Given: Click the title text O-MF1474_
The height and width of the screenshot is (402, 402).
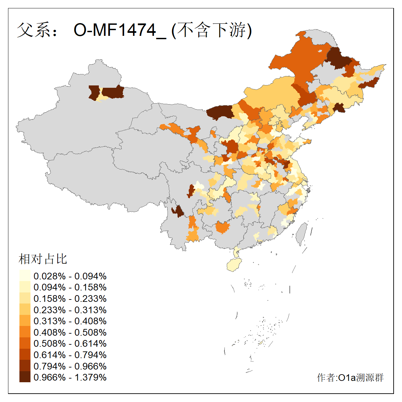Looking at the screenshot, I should click(120, 30).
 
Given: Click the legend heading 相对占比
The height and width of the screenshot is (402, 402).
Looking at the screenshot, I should click(43, 259).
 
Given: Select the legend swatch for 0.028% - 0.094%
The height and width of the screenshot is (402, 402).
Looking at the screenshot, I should click(25, 276).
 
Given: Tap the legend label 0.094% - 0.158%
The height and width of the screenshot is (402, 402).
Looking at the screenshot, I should click(70, 287).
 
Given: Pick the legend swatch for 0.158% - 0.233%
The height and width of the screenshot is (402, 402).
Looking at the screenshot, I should click(25, 298).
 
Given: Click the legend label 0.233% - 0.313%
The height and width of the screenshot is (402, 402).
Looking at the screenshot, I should click(70, 310).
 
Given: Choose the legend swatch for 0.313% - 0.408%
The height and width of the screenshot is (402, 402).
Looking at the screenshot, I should click(25, 321).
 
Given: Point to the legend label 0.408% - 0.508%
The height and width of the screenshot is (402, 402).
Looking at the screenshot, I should click(70, 332).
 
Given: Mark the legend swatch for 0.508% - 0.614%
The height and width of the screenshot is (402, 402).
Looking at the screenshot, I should click(25, 343).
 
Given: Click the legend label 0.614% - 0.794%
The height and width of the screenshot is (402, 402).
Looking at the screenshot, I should click(70, 355).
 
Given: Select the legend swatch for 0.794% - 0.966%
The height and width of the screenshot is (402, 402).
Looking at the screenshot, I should click(25, 366).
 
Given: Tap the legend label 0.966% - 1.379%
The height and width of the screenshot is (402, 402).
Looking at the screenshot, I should click(70, 377).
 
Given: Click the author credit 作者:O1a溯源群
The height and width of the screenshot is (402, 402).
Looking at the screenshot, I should click(350, 378).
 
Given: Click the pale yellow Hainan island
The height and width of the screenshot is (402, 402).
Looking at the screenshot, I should click(234, 265).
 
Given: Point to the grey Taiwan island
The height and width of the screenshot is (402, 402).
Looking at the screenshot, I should click(301, 233).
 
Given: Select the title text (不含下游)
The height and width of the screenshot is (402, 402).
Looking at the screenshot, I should click(212, 30).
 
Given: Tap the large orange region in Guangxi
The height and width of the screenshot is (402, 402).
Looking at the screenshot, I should click(223, 227).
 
